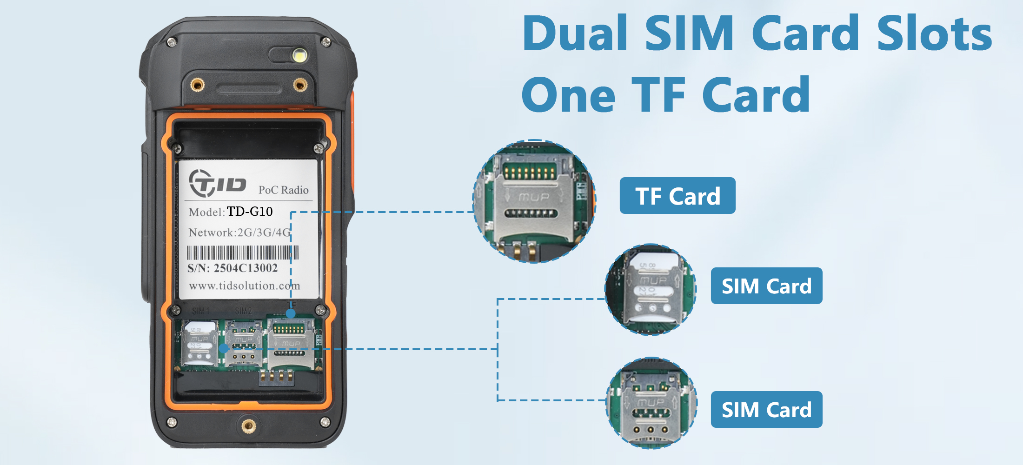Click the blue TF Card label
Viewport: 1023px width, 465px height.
pyautogui.click(x=678, y=196)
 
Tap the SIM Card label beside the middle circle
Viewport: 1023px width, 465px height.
pyautogui.click(x=766, y=286)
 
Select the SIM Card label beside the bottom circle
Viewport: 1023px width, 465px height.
pyautogui.click(x=766, y=410)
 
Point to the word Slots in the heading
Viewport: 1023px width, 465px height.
pyautogui.click(x=935, y=33)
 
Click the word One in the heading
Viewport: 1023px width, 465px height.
pyautogui.click(x=568, y=95)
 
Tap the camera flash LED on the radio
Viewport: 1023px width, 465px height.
pyautogui.click(x=300, y=56)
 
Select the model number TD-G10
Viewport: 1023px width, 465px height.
pyautogui.click(x=250, y=212)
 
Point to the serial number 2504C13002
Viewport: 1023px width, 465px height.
pyautogui.click(x=246, y=268)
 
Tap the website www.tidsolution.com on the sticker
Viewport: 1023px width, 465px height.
pyautogui.click(x=245, y=286)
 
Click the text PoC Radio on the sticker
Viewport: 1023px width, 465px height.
pyautogui.click(x=283, y=190)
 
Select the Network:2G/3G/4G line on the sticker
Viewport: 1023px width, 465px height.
pyautogui.click(x=239, y=232)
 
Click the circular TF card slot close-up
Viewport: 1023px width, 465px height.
pyautogui.click(x=534, y=201)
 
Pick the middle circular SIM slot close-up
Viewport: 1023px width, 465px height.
pyautogui.click(x=651, y=289)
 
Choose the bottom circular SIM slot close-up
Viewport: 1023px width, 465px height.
pyautogui.click(x=652, y=403)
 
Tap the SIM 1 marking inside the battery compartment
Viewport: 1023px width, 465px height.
pyautogui.click(x=201, y=311)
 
